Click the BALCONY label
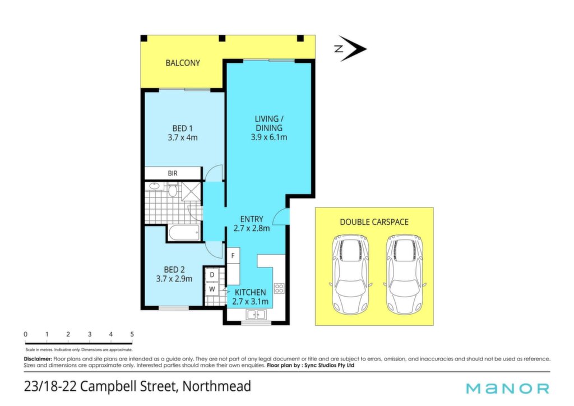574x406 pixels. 183,63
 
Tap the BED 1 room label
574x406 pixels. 182,128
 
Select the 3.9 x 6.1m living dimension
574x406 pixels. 269,137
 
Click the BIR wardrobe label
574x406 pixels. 173,173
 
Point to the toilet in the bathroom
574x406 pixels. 173,190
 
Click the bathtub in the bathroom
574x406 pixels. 184,233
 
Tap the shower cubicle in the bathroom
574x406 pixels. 192,191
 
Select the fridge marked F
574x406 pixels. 233,255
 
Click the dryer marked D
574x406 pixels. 212,275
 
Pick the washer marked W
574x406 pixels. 212,289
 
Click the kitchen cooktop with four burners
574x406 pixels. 279,288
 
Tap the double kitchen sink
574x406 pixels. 256,315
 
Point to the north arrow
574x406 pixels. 350,48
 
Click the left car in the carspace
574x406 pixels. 350,274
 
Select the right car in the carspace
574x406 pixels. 405,274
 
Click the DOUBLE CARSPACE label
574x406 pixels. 374,222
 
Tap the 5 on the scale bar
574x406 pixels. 132,334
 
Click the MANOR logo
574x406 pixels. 508,388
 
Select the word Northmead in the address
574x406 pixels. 217,386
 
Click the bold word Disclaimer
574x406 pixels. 38,359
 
